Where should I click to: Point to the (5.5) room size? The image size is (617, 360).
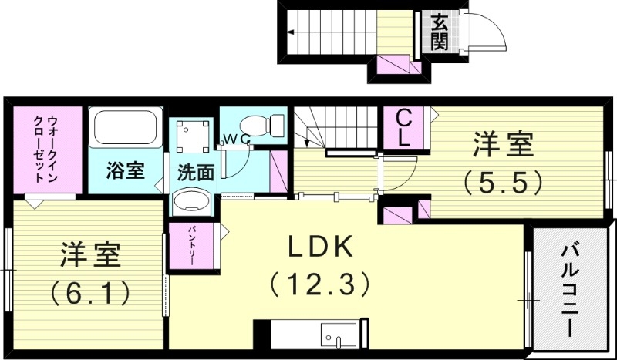coord(504,182)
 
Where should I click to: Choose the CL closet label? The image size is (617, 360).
coord(404,128)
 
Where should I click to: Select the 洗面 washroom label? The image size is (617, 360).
coord(196,172)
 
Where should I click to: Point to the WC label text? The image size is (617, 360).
coord(235,140)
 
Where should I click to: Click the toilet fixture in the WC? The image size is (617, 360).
coord(253,126)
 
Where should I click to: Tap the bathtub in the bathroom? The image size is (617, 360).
coord(124,129)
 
